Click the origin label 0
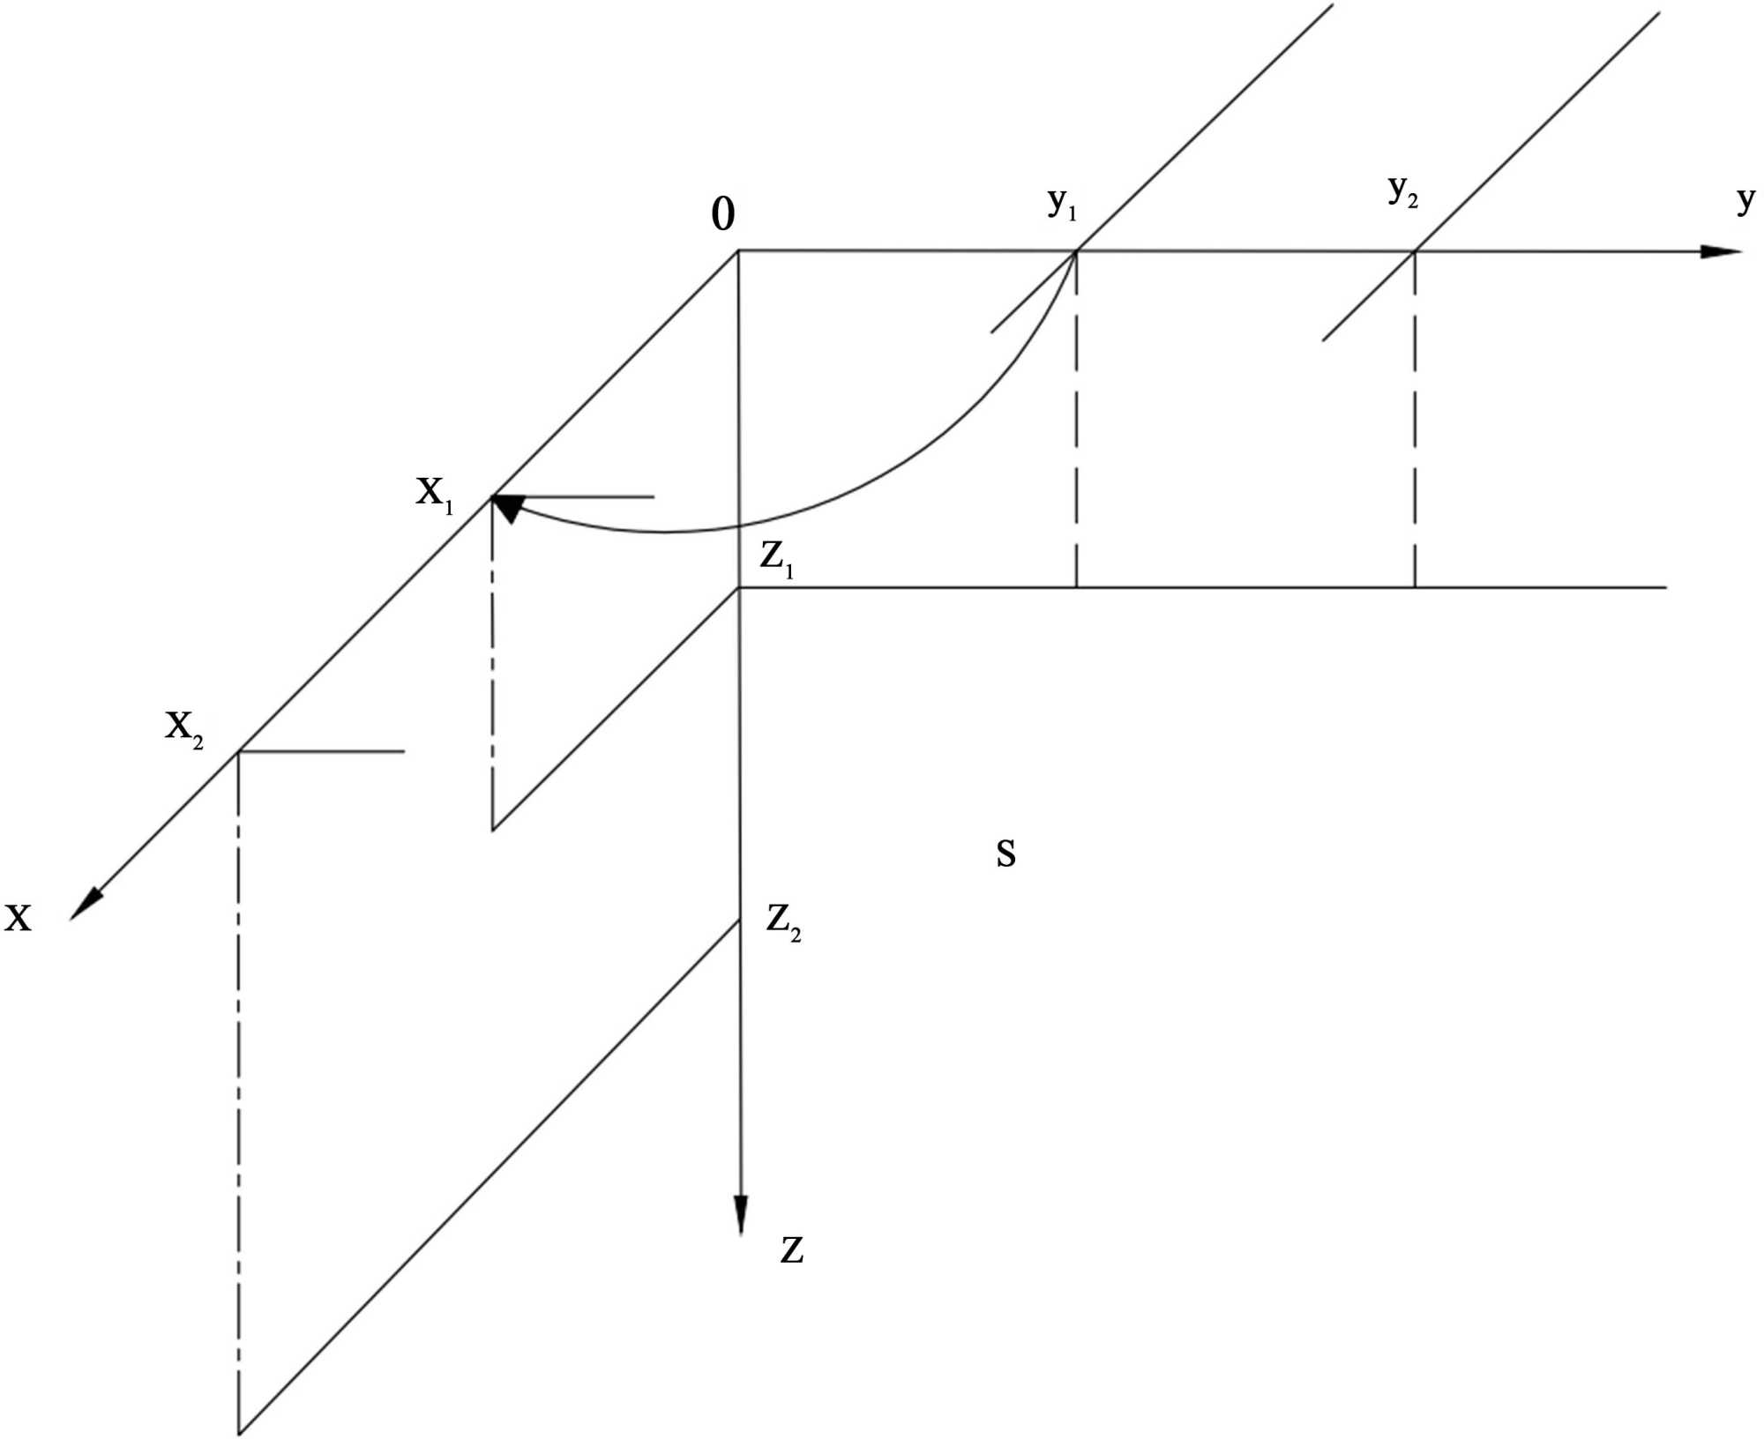tap(722, 214)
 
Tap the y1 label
tap(1062, 204)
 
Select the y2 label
tap(1402, 190)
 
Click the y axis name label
tap(1745, 200)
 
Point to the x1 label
tap(435, 493)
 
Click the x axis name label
tap(18, 918)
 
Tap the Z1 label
tap(777, 559)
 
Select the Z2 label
tap(783, 922)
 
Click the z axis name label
tap(791, 1250)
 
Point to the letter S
tap(1005, 854)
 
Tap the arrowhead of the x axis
tap(86, 905)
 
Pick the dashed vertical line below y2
tap(1415, 423)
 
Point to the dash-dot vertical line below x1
tap(492, 661)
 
